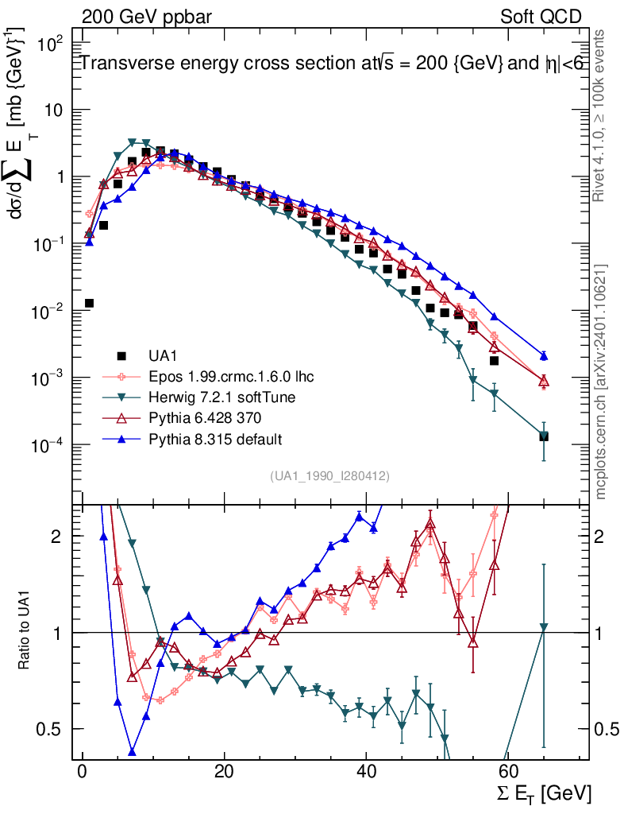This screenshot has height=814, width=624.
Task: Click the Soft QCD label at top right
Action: pos(541,16)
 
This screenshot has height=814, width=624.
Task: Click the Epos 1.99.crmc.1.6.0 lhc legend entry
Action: pos(210,376)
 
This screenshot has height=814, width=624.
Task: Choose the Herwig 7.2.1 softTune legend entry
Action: pos(208,397)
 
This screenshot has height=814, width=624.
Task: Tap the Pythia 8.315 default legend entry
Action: pos(202,438)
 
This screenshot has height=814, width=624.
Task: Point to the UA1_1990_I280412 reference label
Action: pos(329,475)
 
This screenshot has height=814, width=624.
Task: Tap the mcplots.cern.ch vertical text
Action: pos(600,382)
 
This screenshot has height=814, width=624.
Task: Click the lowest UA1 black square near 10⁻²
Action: pos(89,303)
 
